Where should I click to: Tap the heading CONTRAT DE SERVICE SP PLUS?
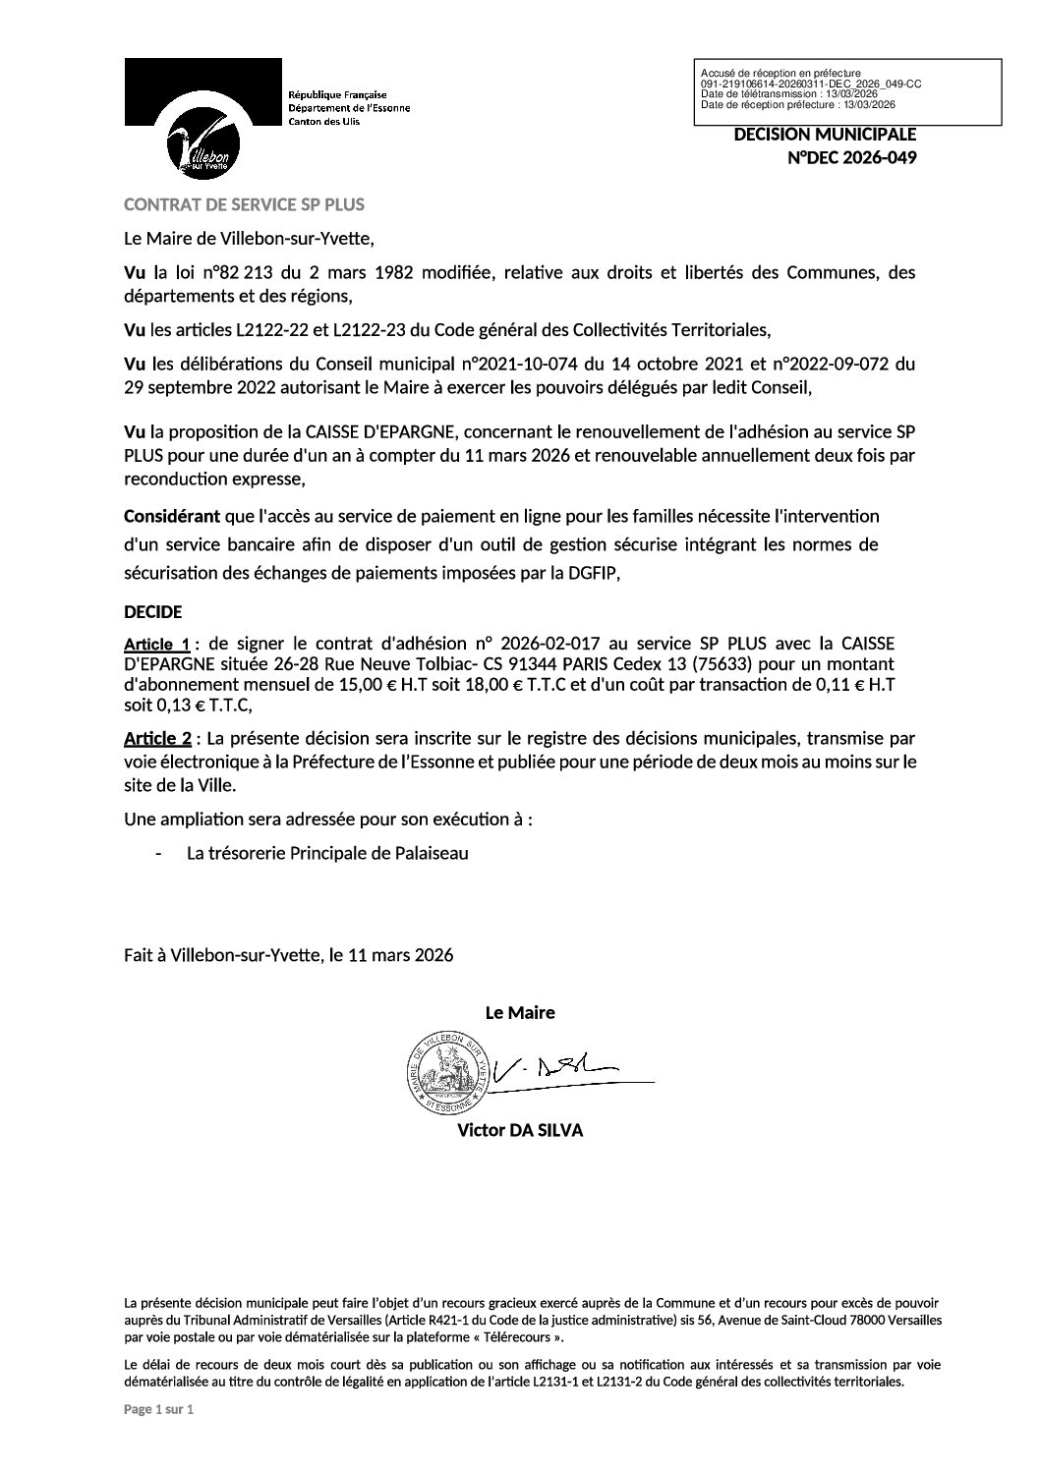point(244,204)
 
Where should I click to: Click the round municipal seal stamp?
point(446,1072)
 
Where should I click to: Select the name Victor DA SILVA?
point(519,1130)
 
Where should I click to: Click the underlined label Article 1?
point(156,645)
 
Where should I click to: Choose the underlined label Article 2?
point(156,738)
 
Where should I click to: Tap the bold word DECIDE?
point(152,611)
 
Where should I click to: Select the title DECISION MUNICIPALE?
point(825,135)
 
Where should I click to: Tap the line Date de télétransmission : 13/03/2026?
point(789,92)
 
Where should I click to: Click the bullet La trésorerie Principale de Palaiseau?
point(327,853)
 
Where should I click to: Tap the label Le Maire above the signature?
point(520,1012)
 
